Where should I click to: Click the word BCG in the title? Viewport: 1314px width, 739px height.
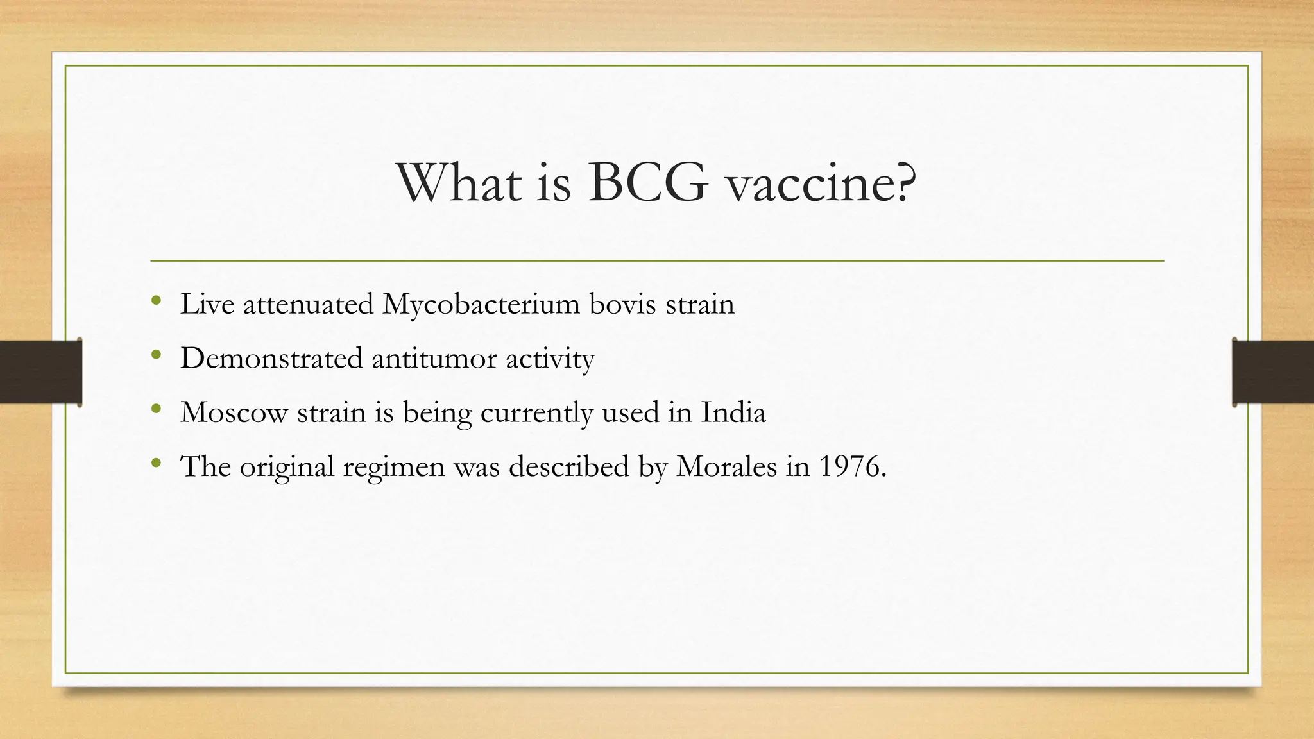[x=648, y=183]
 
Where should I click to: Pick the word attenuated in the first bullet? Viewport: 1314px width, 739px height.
[x=308, y=304]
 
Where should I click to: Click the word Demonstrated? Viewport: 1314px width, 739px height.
[x=271, y=358]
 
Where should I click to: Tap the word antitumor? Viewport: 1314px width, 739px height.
[x=434, y=358]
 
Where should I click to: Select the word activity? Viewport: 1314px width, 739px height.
[x=550, y=359]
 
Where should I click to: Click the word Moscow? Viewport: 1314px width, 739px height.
[x=234, y=412]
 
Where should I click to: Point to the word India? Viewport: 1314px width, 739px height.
[x=733, y=412]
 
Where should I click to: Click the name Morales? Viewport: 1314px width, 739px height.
[x=726, y=466]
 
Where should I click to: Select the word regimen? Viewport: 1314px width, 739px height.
[x=393, y=468]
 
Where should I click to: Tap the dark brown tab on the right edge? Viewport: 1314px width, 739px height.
[x=1273, y=372]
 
